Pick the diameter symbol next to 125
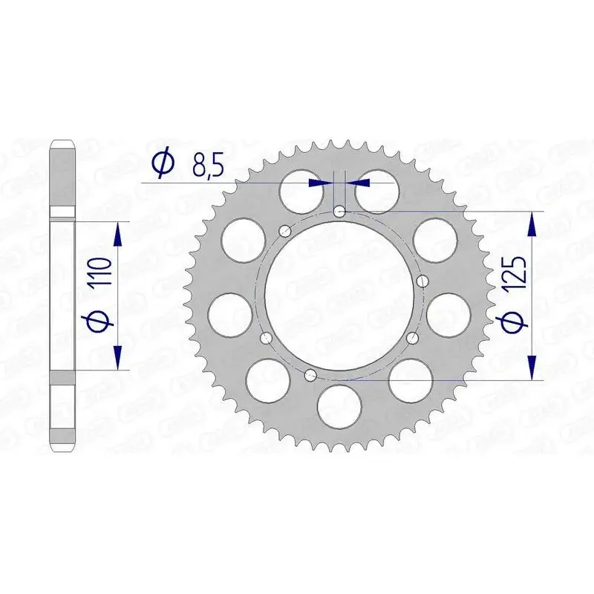coord(518,322)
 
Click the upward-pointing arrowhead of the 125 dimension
coord(532,223)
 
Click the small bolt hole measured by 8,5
coord(339,212)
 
